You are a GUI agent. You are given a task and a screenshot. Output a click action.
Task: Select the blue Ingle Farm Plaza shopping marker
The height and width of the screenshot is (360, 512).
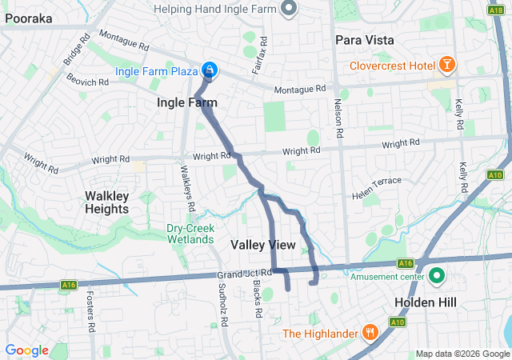pyautogui.click(x=210, y=71)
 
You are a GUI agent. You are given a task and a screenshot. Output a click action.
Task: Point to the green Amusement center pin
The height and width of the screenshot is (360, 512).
pyautogui.click(x=437, y=278)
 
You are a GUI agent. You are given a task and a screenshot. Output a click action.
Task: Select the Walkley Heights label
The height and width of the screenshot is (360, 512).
pyautogui.click(x=106, y=202)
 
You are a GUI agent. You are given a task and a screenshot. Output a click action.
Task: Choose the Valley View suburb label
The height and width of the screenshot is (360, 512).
pyautogui.click(x=263, y=245)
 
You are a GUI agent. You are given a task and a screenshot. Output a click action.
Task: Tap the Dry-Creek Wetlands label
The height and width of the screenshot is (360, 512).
pyautogui.click(x=190, y=234)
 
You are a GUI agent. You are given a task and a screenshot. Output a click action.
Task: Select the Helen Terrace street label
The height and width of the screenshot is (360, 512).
pyautogui.click(x=377, y=183)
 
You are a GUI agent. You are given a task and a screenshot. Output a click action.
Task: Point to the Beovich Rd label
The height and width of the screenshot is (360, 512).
pyautogui.click(x=88, y=82)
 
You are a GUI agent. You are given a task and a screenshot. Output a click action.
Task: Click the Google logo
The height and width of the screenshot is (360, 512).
pyautogui.click(x=27, y=350)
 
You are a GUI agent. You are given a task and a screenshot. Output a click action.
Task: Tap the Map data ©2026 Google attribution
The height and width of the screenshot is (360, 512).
pyautogui.click(x=462, y=354)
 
